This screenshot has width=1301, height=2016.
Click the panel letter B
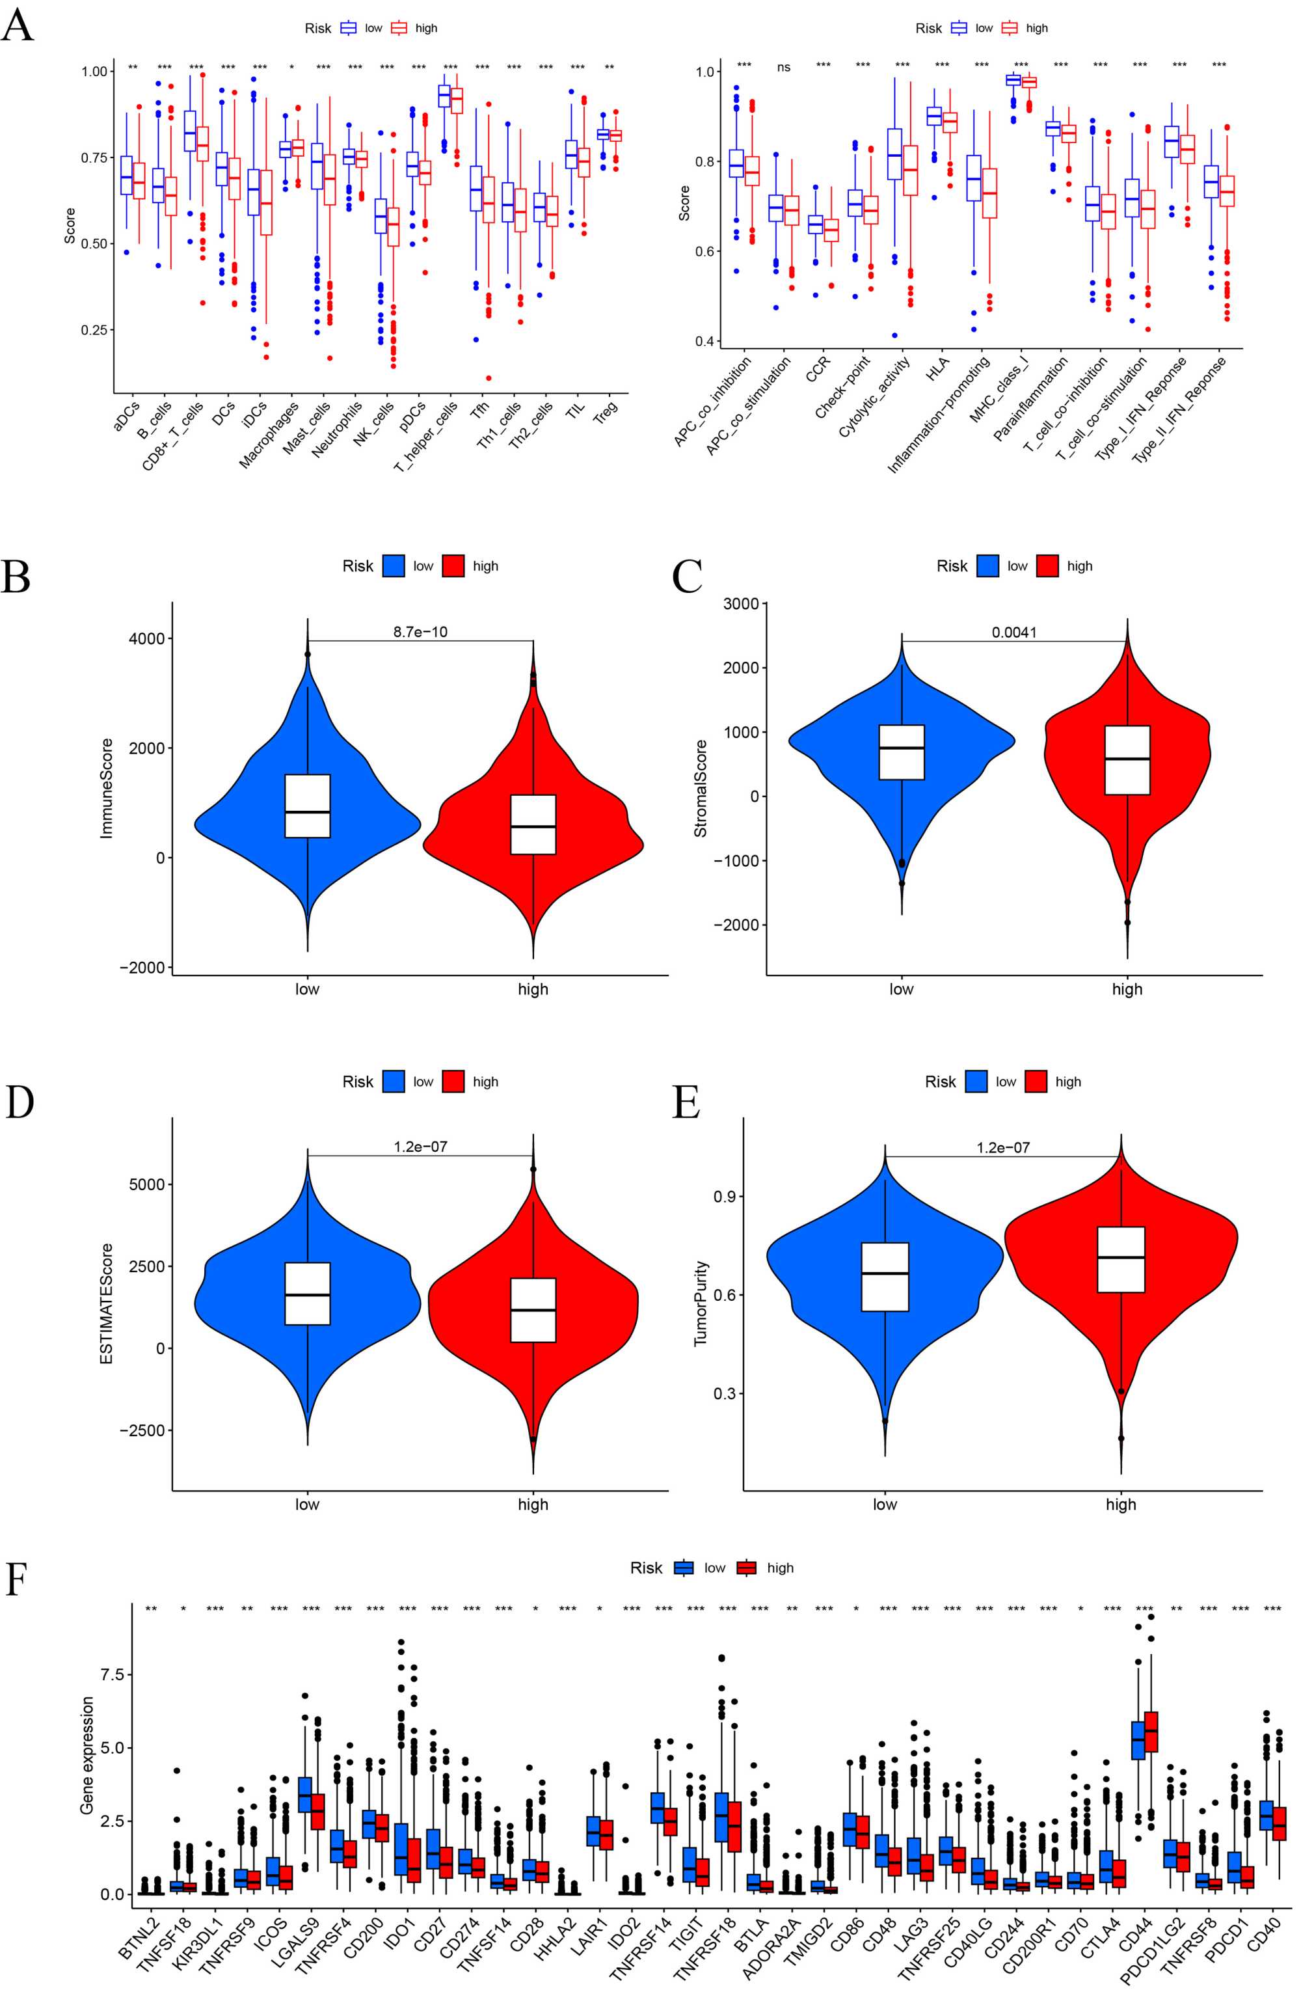pos(16,577)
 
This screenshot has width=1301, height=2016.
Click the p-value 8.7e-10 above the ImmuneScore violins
pos(420,631)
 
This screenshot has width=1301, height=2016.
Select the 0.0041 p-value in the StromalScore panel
pos(1013,632)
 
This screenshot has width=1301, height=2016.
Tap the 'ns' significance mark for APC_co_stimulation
pos(783,68)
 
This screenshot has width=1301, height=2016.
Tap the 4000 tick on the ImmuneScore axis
pos(147,639)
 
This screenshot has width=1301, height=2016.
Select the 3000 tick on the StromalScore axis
pos(741,603)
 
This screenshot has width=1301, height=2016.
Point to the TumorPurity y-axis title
pos(701,1303)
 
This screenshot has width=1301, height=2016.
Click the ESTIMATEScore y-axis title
pos(107,1303)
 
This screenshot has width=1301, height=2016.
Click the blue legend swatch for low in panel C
pos(987,566)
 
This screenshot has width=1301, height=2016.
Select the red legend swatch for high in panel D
pos(453,1082)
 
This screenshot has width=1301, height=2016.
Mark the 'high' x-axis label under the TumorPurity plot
pos(1120,1504)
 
